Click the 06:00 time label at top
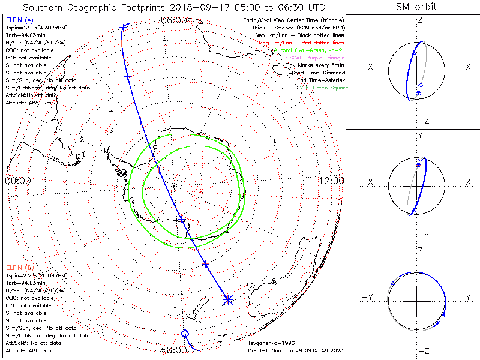tap(173, 20)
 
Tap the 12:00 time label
tap(332, 181)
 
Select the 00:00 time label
tap(17, 181)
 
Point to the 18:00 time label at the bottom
tap(173, 350)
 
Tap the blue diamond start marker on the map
tap(185, 334)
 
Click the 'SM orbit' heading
tap(416, 7)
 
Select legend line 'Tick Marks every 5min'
tap(316, 65)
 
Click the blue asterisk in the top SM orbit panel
tap(418, 93)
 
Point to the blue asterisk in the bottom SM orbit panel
tap(437, 323)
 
